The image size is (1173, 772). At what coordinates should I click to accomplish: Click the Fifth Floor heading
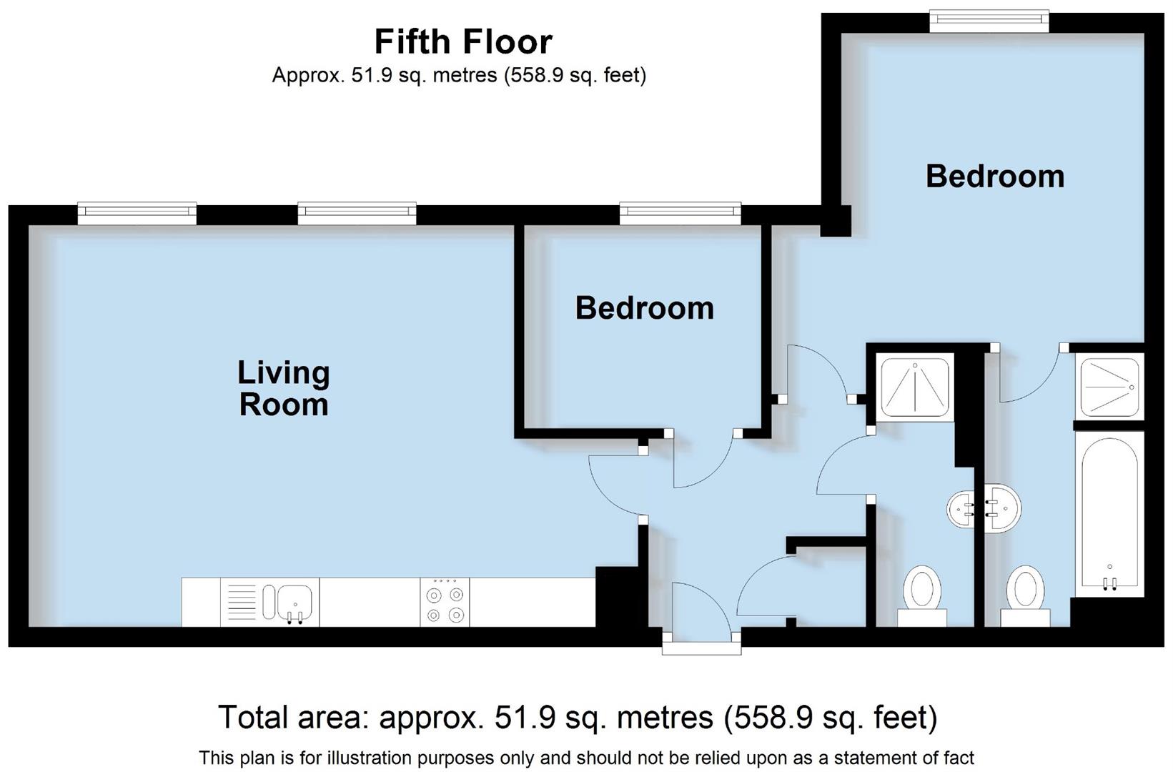tap(463, 42)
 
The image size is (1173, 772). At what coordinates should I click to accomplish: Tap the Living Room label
tap(283, 388)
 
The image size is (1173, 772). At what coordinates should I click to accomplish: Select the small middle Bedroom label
tap(644, 308)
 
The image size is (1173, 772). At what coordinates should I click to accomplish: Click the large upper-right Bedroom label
tap(994, 176)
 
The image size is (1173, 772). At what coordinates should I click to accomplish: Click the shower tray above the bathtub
tap(1109, 387)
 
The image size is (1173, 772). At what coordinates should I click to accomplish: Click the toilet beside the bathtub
tap(1025, 593)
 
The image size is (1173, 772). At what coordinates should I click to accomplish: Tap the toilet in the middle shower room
tap(921, 593)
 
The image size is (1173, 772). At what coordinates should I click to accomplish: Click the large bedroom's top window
tap(989, 21)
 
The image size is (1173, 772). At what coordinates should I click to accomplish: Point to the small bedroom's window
tap(680, 214)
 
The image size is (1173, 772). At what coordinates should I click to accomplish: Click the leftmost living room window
tap(137, 214)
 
